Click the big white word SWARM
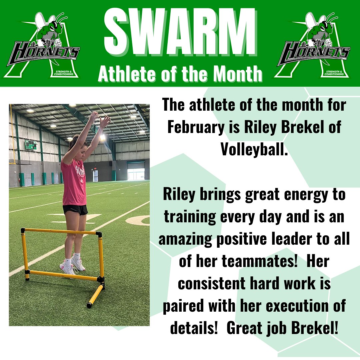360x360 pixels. click(180, 32)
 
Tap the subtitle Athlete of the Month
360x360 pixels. click(180, 74)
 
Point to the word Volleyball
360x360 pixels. click(254, 149)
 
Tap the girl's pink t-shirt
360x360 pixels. click(74, 183)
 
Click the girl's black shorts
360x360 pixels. click(75, 209)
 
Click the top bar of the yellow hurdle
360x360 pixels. click(60, 231)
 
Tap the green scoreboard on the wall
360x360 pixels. click(30, 144)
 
